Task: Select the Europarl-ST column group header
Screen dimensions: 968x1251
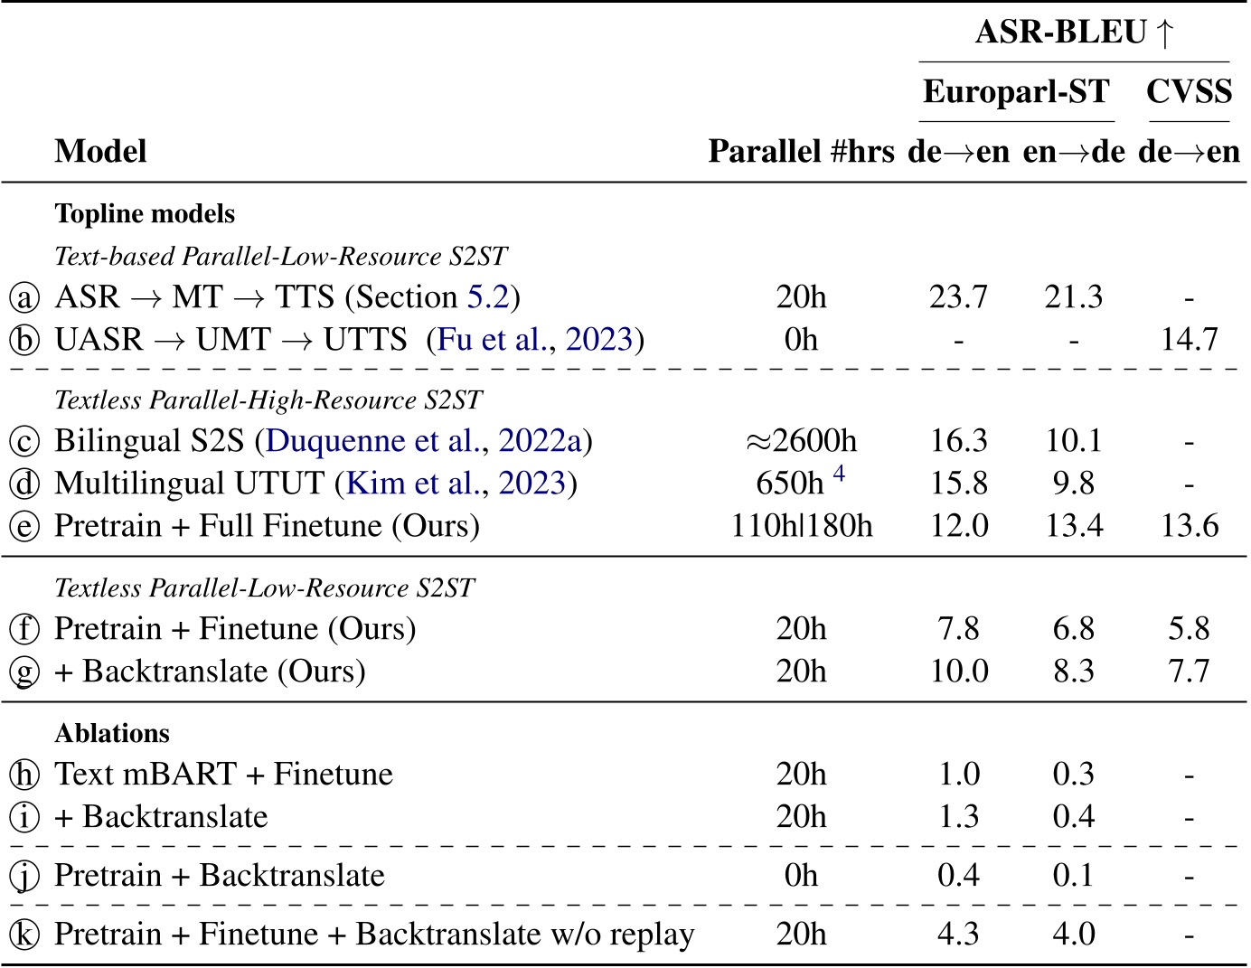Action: pos(1016,92)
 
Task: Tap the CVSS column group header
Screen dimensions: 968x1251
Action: pos(1189,92)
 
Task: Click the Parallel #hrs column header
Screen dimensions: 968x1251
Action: pos(801,151)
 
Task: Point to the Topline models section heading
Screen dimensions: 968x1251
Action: pos(145,214)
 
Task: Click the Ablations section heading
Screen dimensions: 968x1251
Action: pos(112,733)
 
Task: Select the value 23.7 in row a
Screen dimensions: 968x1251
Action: pos(958,297)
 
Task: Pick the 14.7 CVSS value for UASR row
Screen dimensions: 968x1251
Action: pos(1189,340)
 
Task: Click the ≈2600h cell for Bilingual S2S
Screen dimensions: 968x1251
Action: pos(801,441)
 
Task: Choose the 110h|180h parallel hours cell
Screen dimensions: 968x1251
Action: pos(801,526)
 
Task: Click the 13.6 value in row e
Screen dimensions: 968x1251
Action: pos(1189,526)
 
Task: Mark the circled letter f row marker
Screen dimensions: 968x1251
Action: pos(24,629)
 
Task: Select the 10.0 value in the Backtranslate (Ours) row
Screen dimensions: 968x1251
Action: pos(958,672)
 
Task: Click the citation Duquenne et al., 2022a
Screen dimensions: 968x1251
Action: pos(425,441)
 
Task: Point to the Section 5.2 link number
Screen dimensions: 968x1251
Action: pos(488,297)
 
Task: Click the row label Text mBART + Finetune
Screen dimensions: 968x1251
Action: pos(223,775)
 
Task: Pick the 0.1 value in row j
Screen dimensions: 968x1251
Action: pos(1073,876)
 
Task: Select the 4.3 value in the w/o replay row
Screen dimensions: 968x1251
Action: pos(958,934)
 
